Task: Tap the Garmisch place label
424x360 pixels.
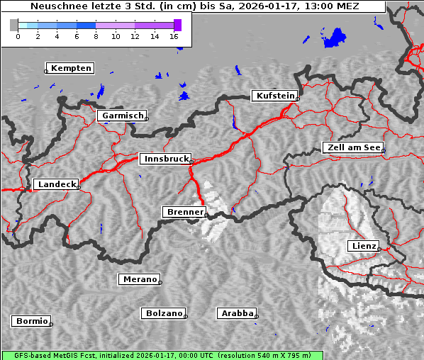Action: [122, 116]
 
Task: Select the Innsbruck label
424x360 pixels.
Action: [165, 159]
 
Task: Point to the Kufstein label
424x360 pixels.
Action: [274, 96]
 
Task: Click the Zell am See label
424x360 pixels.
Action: [353, 147]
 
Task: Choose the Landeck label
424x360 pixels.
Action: [56, 184]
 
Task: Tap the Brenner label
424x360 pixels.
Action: [184, 212]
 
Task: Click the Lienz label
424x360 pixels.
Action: [364, 246]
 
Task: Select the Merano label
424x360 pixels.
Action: [139, 279]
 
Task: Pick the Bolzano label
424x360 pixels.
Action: [164, 313]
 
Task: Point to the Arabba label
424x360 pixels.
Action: [237, 313]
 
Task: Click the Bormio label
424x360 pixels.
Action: [32, 321]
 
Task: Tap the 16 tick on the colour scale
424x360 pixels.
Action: [174, 35]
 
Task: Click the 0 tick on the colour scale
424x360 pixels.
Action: [18, 35]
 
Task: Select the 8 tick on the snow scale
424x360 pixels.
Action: [96, 35]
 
